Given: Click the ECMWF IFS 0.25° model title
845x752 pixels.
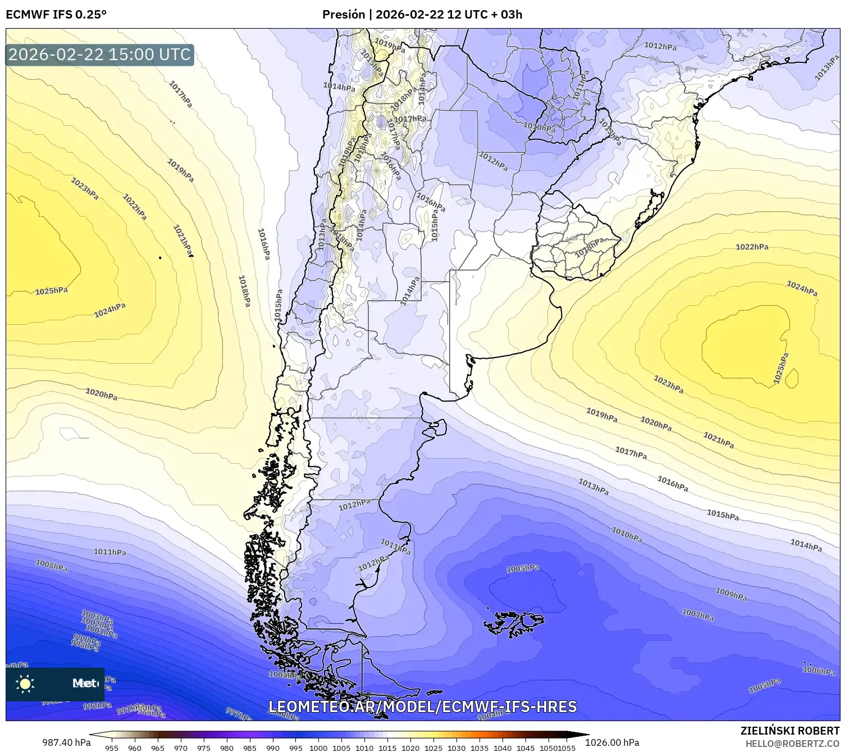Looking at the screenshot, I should click(56, 14).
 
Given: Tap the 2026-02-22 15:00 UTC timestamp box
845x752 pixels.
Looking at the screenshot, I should click(100, 55).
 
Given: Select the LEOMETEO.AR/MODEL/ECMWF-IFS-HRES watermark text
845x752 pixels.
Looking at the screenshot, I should click(422, 706).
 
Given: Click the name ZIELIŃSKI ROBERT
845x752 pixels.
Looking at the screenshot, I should click(790, 731).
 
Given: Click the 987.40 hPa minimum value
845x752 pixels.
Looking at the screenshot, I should click(66, 742).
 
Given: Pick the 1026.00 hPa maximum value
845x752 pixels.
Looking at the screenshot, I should click(612, 742).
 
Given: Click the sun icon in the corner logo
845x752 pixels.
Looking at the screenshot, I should click(25, 684).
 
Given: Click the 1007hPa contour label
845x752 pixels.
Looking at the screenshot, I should click(698, 614).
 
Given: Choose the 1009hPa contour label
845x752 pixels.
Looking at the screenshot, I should click(731, 594).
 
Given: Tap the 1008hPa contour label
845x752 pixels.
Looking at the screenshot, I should click(52, 565).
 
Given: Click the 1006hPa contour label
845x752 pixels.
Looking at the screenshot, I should click(819, 671).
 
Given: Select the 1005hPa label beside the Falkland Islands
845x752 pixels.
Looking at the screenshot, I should click(523, 569).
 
